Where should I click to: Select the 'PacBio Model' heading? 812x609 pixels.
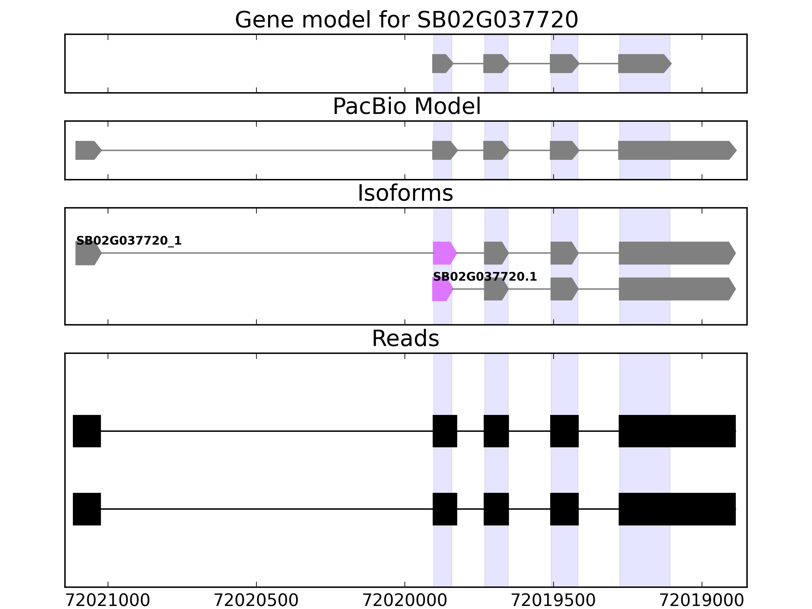(406, 107)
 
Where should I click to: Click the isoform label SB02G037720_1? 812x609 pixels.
(128, 241)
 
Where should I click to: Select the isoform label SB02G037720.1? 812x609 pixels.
(485, 277)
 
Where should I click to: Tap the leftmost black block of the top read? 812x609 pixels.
(87, 431)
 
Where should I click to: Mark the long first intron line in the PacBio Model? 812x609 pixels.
(266, 150)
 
